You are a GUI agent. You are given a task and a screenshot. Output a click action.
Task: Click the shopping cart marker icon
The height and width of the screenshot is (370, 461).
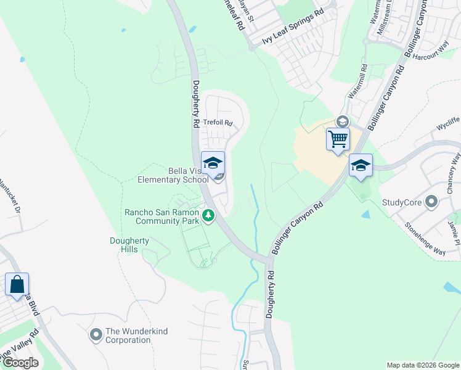pyautogui.click(x=338, y=139)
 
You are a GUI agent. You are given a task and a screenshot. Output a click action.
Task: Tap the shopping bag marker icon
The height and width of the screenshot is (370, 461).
pyautogui.click(x=17, y=284)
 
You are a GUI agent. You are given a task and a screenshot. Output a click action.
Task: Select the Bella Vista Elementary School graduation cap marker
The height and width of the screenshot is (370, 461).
pyautogui.click(x=213, y=163)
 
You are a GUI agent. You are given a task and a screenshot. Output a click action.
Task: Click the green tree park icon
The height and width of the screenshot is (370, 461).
pyautogui.click(x=209, y=216)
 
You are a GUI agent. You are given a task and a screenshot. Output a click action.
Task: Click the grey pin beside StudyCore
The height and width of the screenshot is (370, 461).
pyautogui.click(x=431, y=202)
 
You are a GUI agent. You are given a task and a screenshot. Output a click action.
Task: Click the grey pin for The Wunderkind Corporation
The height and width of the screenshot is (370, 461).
pyautogui.click(x=96, y=335)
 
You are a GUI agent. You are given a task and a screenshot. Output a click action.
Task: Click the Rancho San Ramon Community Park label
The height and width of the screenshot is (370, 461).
pyautogui.click(x=162, y=216)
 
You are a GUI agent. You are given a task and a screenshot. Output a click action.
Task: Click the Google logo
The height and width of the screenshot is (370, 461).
pyautogui.click(x=20, y=363)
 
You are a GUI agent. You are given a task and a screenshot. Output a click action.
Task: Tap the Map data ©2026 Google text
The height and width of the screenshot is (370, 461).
pyautogui.click(x=422, y=365)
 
